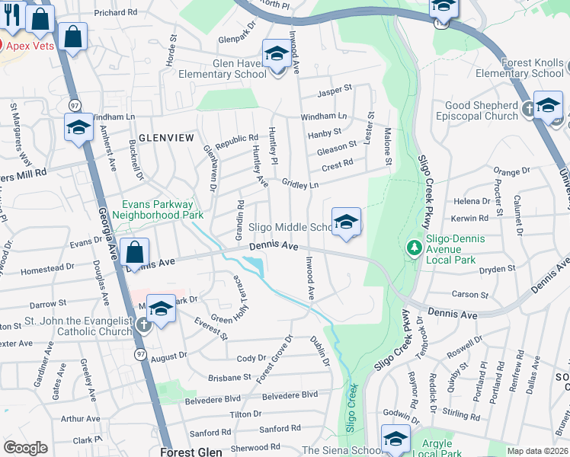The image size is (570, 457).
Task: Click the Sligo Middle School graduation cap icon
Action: pos(346,222)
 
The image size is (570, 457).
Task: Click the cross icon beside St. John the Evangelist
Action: pos(142,326)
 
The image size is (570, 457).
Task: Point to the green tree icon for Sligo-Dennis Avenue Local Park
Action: pos(414,247)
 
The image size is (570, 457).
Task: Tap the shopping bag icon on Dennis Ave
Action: pos(134,253)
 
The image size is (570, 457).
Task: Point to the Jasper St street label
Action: pos(335,88)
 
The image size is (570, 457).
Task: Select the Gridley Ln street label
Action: pos(300,184)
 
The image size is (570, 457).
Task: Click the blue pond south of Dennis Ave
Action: pos(253,267)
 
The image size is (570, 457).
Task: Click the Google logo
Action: pos(25,448)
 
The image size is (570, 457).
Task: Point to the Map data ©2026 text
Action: pos(536,451)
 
